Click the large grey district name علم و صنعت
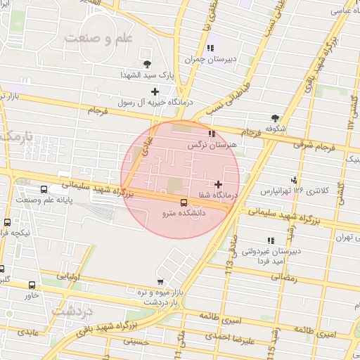point(99,37)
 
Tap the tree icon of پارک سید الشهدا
point(147,64)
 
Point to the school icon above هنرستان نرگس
point(211,133)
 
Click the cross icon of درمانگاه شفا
point(219,184)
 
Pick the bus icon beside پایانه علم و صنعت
point(44,189)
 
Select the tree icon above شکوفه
point(274,117)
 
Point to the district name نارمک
point(15,136)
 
